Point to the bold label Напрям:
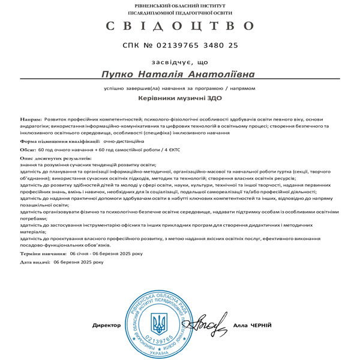pyautogui.click(x=31, y=119)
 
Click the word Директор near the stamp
pyautogui.click(x=106, y=325)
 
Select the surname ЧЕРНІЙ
pyautogui.click(x=261, y=325)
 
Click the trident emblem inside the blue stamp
pyautogui.click(x=159, y=324)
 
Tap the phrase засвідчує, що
pyautogui.click(x=180, y=61)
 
